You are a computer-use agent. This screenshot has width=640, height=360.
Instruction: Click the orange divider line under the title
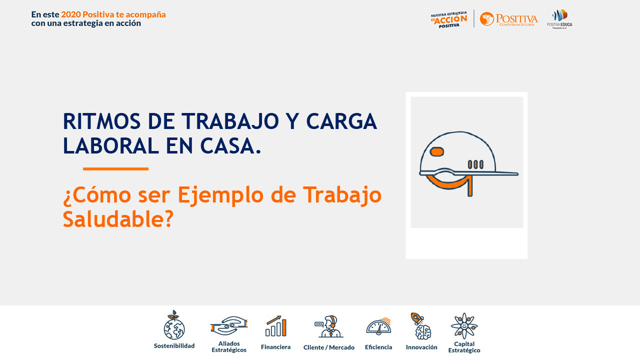point(115,169)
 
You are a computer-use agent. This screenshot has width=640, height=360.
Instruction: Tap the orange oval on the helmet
point(437,151)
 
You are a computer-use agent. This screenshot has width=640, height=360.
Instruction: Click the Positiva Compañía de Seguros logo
point(508,19)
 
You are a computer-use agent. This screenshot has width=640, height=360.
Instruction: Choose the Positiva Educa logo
point(559,19)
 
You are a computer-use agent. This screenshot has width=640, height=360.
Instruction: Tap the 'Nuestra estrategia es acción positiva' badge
point(448,20)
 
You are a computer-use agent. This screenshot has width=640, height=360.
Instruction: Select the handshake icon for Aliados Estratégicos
point(229,326)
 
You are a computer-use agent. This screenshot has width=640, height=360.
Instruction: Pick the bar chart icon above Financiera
point(275,326)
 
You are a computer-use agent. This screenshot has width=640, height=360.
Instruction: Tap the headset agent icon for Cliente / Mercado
point(328,327)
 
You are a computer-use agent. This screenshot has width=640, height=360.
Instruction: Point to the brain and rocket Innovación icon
point(421,326)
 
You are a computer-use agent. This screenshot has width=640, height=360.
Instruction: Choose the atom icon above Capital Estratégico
point(464,326)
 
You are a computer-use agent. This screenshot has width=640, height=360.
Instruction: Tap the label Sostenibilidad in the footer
point(174,345)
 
